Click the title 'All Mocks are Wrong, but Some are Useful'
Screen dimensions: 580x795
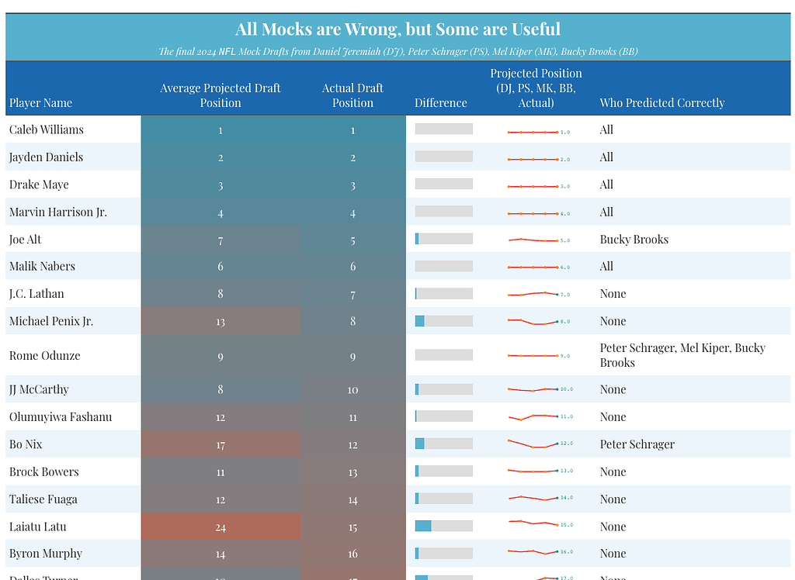[x=397, y=29]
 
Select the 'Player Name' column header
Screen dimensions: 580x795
[x=40, y=103]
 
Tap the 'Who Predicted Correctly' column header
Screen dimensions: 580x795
[x=661, y=103]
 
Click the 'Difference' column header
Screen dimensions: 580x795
[x=440, y=103]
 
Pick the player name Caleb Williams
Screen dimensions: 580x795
[x=47, y=129]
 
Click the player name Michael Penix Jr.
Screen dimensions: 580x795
[x=51, y=321]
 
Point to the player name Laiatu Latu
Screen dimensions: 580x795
[x=37, y=526]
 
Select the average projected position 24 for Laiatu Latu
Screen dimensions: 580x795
[x=220, y=527]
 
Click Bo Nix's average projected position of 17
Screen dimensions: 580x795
[x=220, y=445]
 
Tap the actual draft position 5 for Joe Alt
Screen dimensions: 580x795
[x=352, y=240]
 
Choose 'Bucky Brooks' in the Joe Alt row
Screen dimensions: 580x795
[x=634, y=240]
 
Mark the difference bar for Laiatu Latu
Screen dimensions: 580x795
[x=443, y=526]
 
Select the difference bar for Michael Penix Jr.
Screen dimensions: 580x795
[x=443, y=321]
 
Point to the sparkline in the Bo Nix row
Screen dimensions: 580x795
[x=533, y=444]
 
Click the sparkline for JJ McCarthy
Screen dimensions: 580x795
[x=533, y=389]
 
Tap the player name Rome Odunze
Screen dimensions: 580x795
[x=44, y=356]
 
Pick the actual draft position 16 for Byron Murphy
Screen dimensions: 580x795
[x=352, y=554]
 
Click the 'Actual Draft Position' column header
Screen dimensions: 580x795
[x=352, y=95]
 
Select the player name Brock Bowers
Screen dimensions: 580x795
[x=43, y=472]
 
